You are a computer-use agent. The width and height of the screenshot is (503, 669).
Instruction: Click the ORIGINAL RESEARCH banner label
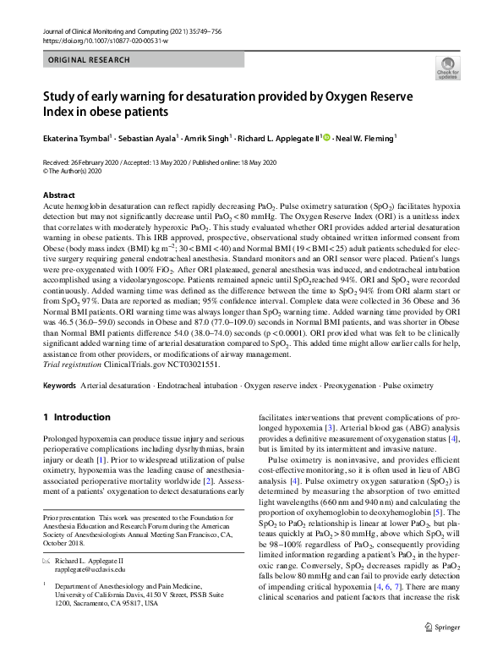[90, 61]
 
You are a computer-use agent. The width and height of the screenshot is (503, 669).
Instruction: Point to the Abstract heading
[58, 195]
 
